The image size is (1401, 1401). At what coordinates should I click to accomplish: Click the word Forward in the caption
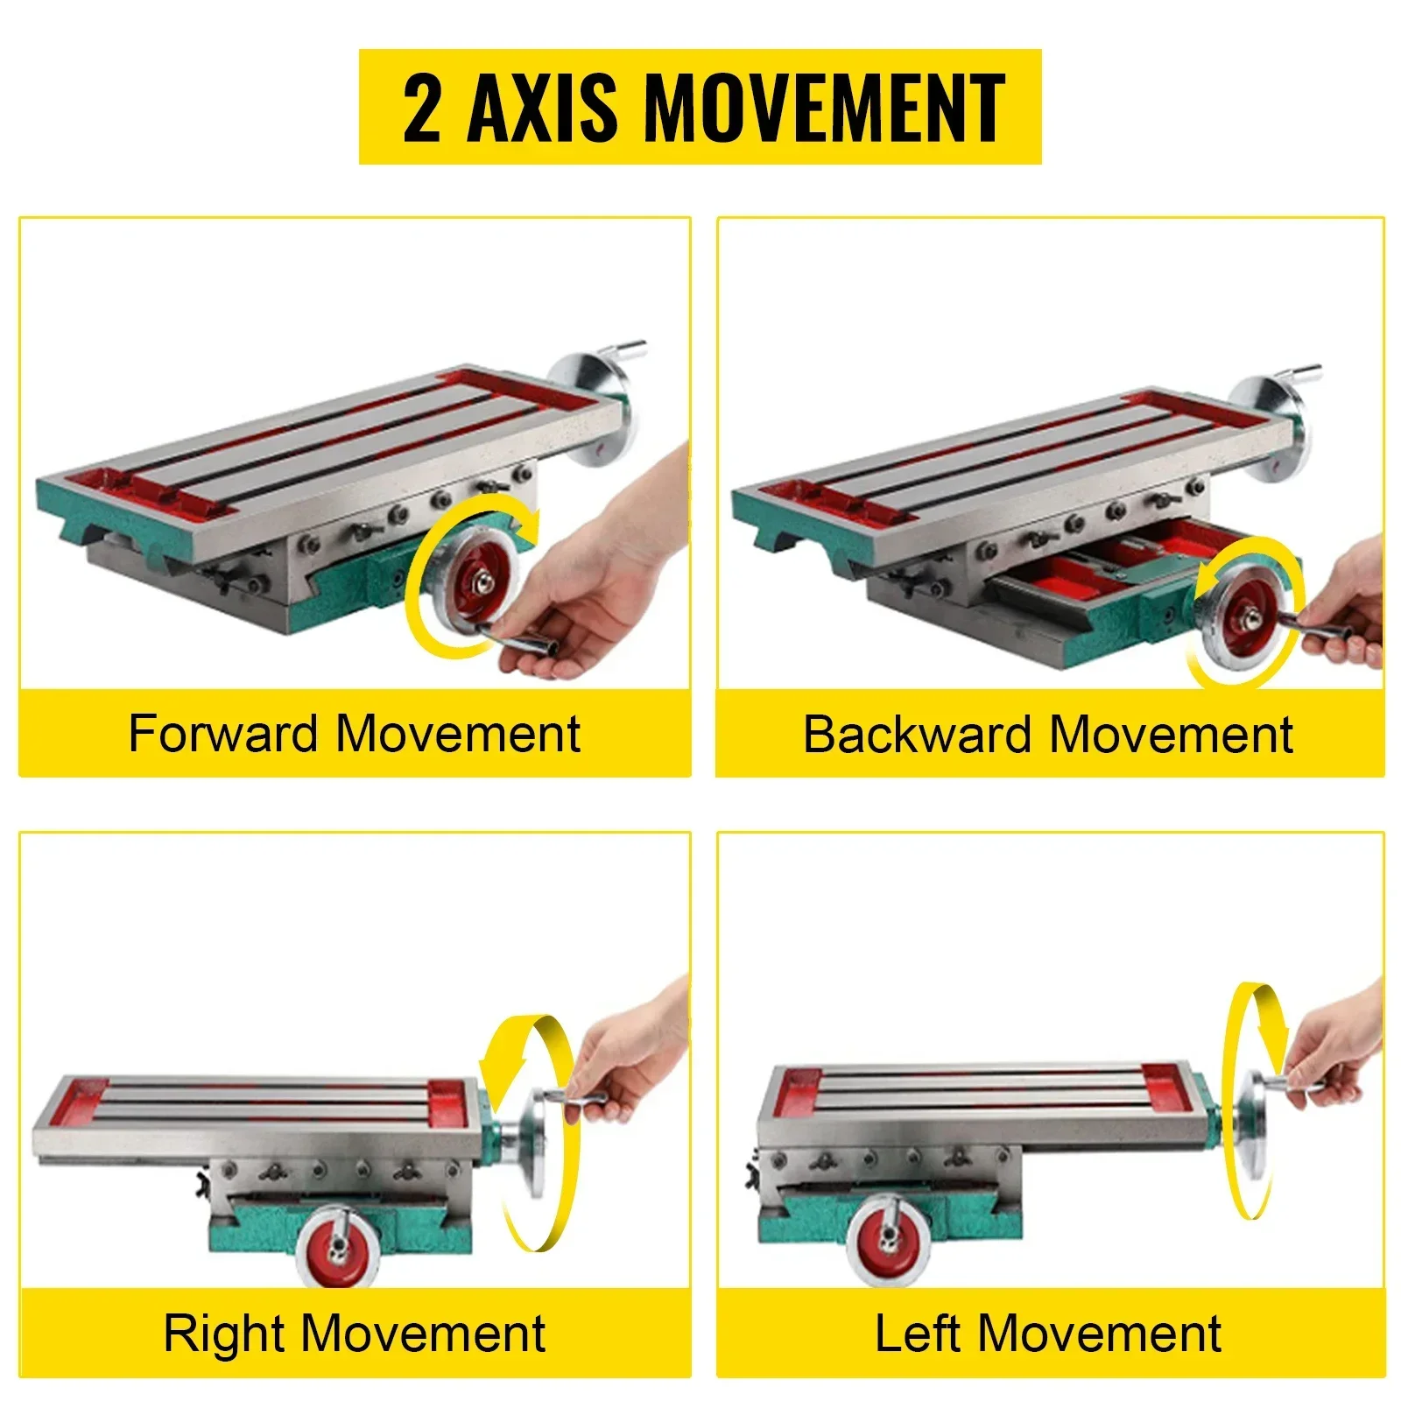(222, 733)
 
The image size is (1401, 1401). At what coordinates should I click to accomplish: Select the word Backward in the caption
(917, 734)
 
